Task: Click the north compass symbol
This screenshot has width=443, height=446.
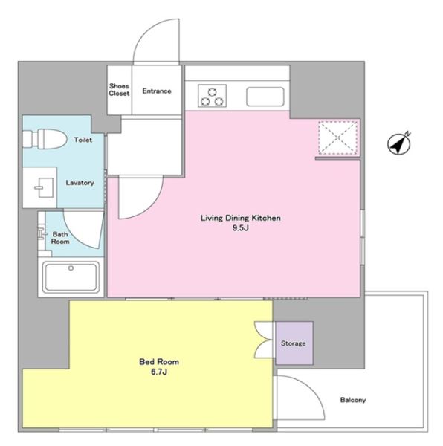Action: click(x=399, y=143)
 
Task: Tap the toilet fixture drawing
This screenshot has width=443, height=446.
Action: click(x=45, y=140)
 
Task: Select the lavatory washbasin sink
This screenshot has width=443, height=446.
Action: click(x=45, y=187)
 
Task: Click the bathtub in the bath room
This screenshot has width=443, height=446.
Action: click(x=71, y=277)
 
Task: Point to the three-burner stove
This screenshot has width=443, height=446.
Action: click(x=212, y=96)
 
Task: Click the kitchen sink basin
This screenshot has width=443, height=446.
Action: click(x=265, y=97)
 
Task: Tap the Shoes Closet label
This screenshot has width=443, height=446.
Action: click(x=119, y=90)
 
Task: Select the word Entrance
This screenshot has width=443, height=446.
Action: click(x=157, y=91)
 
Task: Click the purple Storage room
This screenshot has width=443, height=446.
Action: click(x=294, y=343)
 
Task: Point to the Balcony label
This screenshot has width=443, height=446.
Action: click(x=353, y=400)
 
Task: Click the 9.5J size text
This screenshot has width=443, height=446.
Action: click(x=241, y=228)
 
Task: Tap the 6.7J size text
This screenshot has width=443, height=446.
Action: click(x=159, y=372)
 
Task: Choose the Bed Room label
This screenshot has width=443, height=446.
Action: click(x=159, y=362)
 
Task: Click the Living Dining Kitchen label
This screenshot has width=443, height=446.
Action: click(x=241, y=218)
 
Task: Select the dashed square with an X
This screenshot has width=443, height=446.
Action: click(x=337, y=138)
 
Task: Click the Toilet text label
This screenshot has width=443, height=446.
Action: click(x=83, y=140)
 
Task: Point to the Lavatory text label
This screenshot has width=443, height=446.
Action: click(x=80, y=183)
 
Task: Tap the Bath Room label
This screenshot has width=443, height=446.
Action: click(x=60, y=238)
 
